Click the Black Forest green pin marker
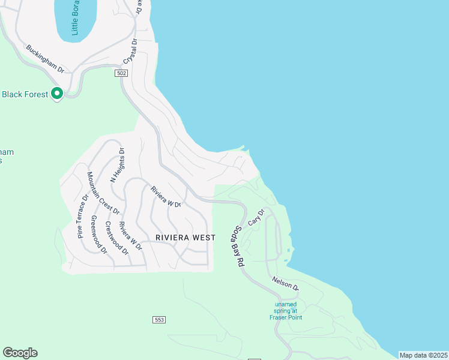point(57,94)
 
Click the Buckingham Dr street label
point(45,58)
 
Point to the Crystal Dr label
point(130,52)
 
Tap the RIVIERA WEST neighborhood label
point(185,238)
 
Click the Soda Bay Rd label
point(239,246)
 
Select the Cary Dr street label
point(256,217)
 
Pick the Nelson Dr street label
point(285,283)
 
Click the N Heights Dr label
point(116,165)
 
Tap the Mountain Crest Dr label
point(103,193)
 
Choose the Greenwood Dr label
point(98,234)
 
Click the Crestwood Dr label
point(116,238)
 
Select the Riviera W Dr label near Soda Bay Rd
point(166,197)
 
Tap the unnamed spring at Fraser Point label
point(286,310)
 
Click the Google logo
point(20,353)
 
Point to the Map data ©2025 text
point(423,355)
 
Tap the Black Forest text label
point(25,94)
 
